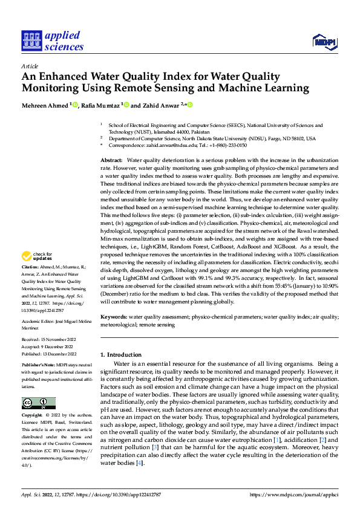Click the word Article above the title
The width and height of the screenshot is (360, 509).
tap(30, 66)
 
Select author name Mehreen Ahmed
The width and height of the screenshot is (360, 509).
tap(45, 105)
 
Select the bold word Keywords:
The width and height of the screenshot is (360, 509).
tap(114, 316)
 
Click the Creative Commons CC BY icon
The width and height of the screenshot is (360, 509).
tap(39, 403)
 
